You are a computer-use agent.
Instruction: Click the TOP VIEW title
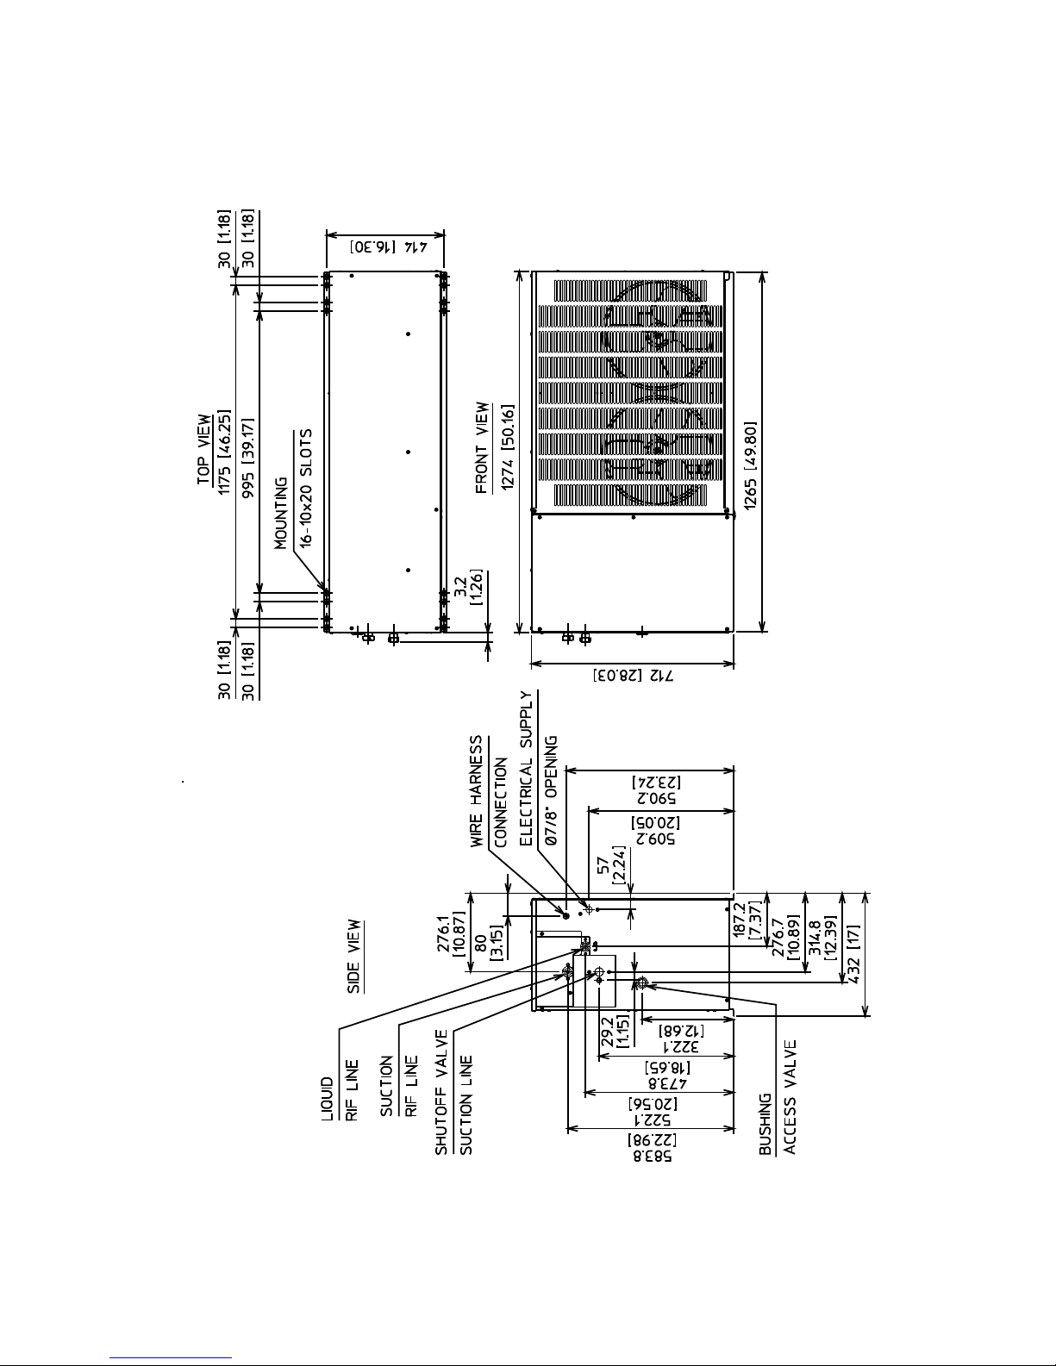coord(204,450)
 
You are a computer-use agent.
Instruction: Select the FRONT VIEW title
coord(482,447)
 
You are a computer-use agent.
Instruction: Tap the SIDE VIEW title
coord(354,956)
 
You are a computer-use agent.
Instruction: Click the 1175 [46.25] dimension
coord(224,452)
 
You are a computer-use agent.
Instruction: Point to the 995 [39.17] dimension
coord(249,458)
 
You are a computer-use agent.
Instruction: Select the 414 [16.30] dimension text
coord(389,247)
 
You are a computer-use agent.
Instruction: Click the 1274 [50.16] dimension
coord(508,447)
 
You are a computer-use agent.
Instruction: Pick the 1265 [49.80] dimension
coord(751,465)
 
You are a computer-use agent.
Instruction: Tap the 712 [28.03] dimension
coord(633,676)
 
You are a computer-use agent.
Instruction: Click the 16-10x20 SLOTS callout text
coord(305,489)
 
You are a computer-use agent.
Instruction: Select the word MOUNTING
coord(280,513)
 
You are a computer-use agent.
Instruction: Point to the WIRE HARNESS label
coord(477,791)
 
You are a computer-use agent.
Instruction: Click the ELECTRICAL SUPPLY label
coord(526,769)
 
